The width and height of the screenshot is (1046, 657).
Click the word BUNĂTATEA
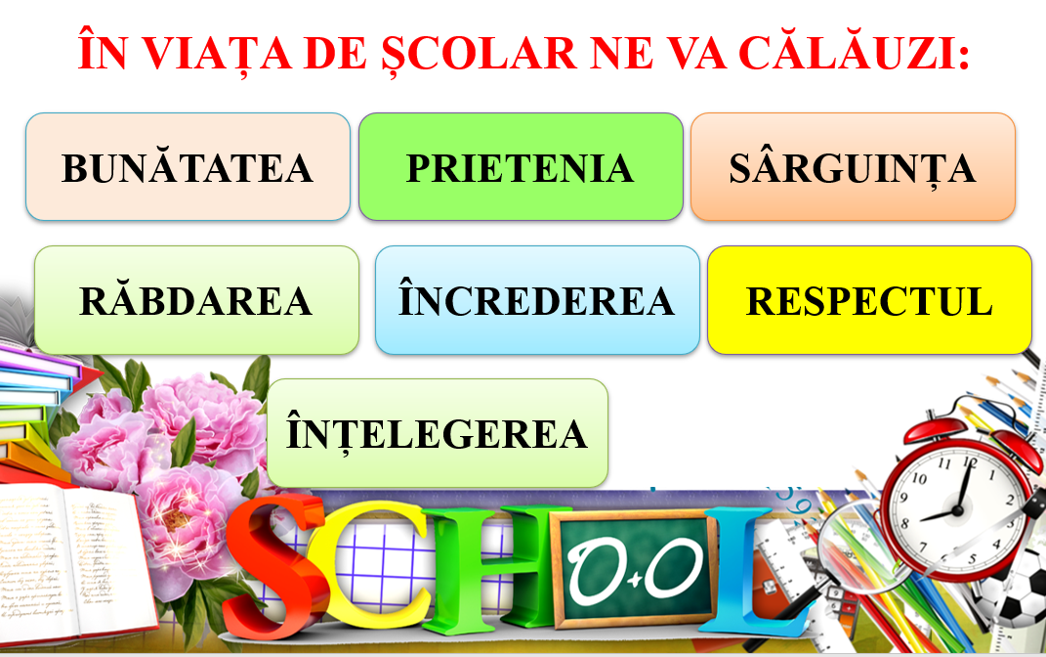pyautogui.click(x=188, y=167)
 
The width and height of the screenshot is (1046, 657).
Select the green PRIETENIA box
pyautogui.click(x=521, y=166)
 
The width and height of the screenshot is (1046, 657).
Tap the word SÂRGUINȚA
pyautogui.click(x=853, y=168)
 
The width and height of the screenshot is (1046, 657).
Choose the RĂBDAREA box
pyautogui.click(x=196, y=300)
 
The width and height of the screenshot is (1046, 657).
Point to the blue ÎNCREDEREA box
pyautogui.click(x=537, y=300)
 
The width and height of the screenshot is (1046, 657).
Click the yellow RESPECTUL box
pyautogui.click(x=869, y=300)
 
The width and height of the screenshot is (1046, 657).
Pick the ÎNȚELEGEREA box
pyautogui.click(x=437, y=433)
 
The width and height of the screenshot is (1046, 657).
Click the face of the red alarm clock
pyautogui.click(x=958, y=508)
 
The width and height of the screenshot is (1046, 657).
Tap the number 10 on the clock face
pyautogui.click(x=919, y=478)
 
